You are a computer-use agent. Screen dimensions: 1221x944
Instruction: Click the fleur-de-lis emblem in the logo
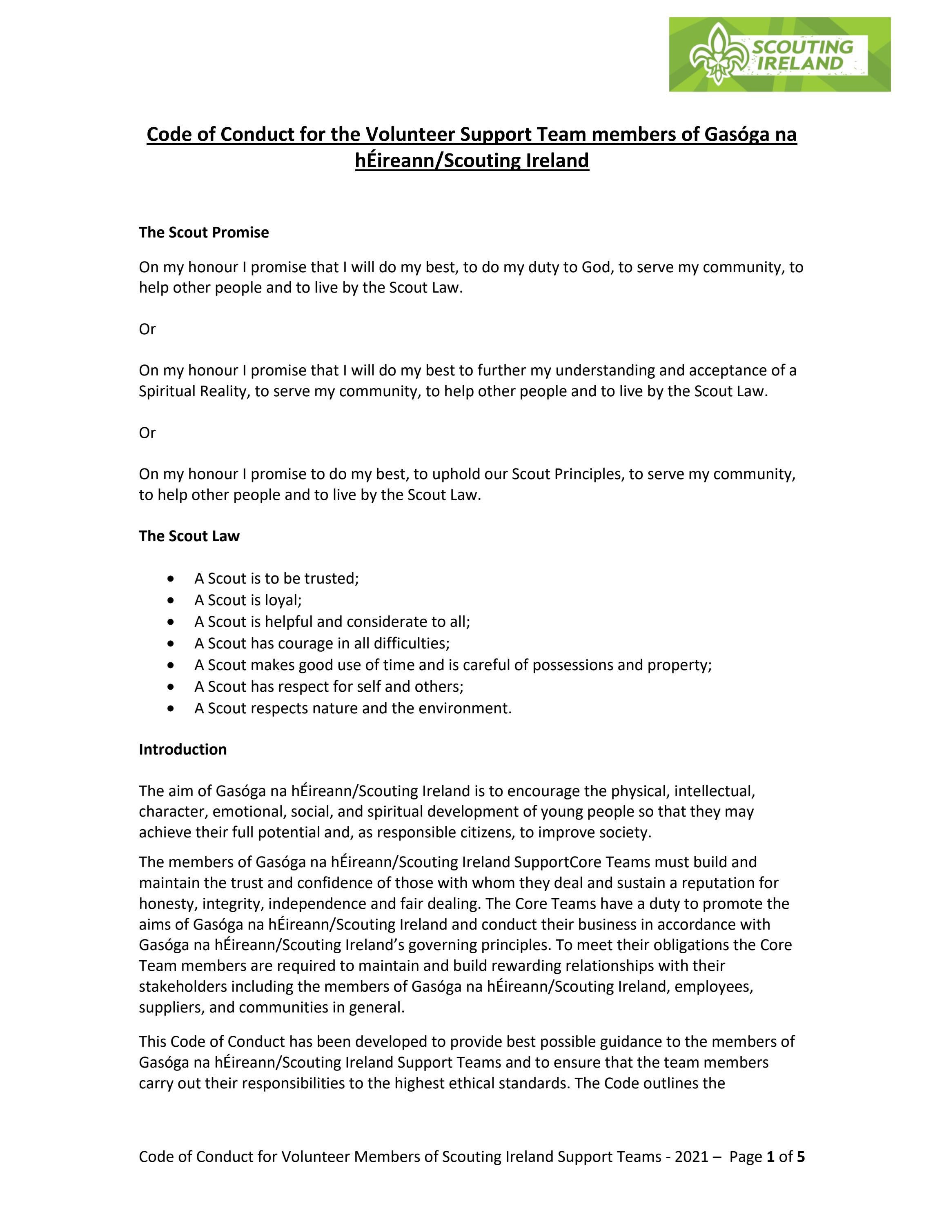tap(718, 55)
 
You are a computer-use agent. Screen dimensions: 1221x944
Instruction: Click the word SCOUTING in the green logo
tap(802, 47)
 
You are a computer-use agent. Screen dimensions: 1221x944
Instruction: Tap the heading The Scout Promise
tap(204, 232)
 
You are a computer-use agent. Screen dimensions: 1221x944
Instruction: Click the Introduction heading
tap(183, 749)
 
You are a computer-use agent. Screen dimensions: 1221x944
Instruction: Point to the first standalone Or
tap(147, 329)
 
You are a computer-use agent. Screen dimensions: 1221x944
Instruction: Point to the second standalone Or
tap(147, 433)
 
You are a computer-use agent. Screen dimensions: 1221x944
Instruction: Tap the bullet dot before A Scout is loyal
tap(171, 600)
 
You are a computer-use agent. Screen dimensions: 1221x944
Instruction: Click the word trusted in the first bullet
tap(331, 579)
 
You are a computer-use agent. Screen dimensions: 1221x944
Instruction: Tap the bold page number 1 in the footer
tap(770, 1157)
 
